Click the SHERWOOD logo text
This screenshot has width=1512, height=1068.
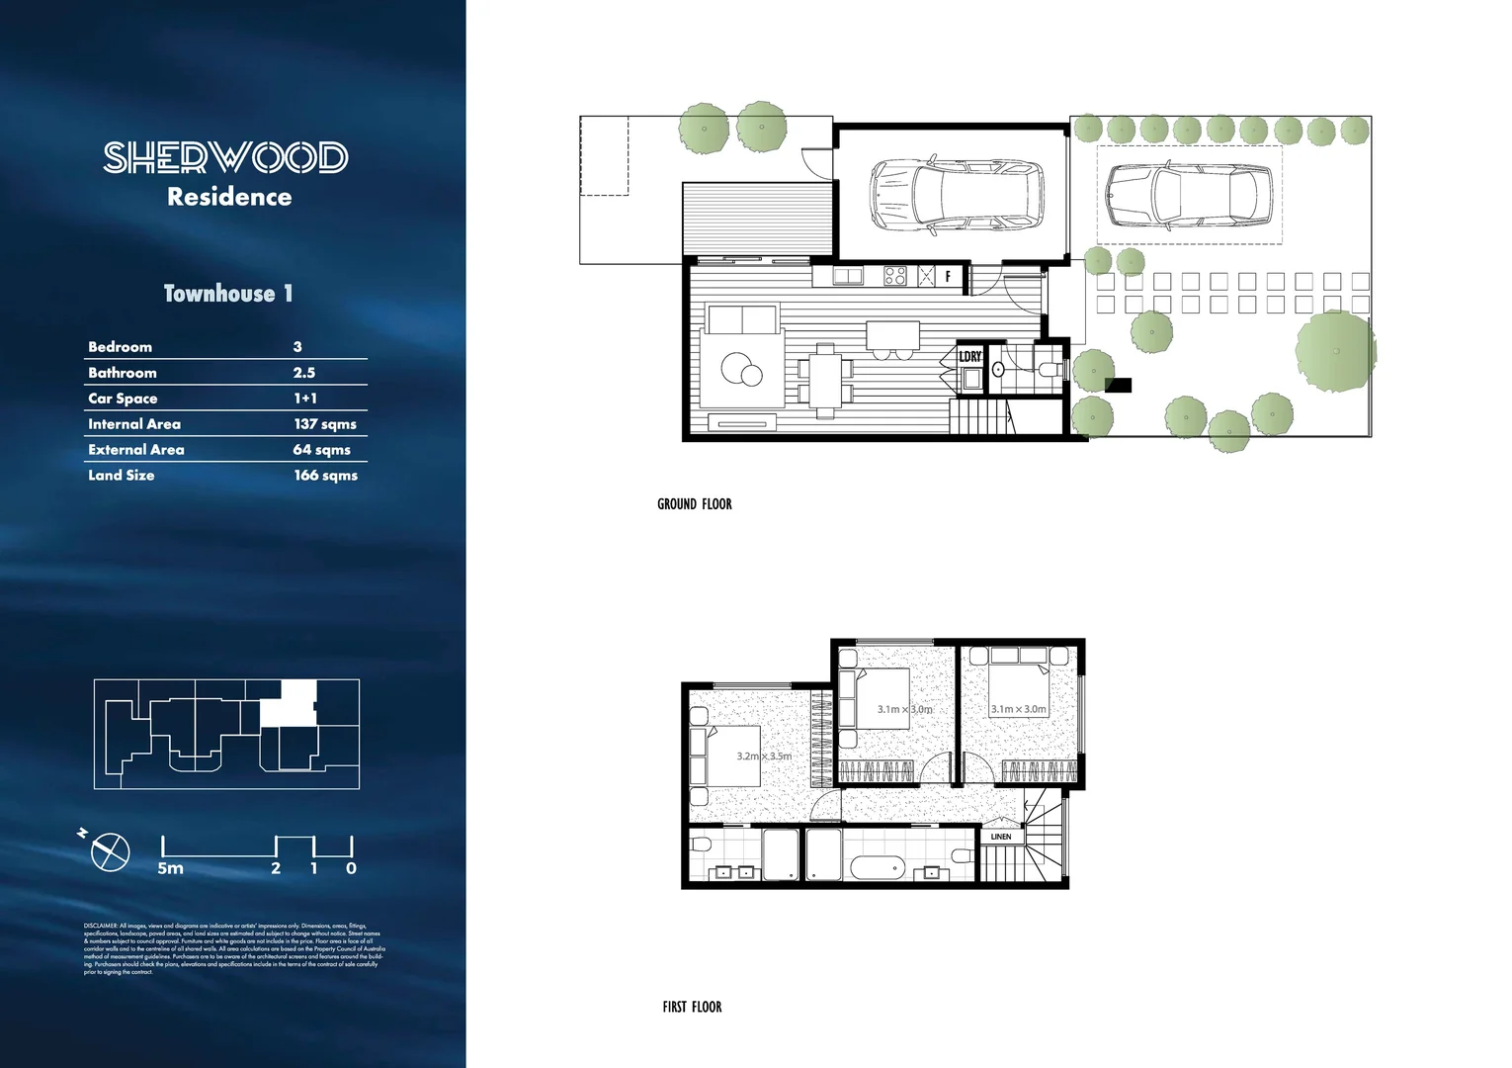pyautogui.click(x=225, y=157)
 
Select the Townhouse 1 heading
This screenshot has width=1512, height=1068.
pyautogui.click(x=228, y=294)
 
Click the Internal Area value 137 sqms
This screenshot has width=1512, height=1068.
pyautogui.click(x=324, y=424)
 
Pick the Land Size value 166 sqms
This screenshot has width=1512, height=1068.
pyautogui.click(x=325, y=476)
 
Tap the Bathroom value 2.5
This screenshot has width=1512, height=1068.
pyautogui.click(x=304, y=373)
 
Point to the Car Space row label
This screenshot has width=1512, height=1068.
pyautogui.click(x=123, y=399)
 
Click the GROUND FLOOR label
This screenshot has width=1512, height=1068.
pyautogui.click(x=694, y=504)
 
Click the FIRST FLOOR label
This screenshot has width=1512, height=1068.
pyautogui.click(x=692, y=1007)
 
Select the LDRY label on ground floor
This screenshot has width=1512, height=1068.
pyautogui.click(x=969, y=357)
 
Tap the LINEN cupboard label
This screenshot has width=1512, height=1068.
pyautogui.click(x=1000, y=837)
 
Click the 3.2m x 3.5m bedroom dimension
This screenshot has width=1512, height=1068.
pyautogui.click(x=764, y=756)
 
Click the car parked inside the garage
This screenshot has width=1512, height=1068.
pyautogui.click(x=956, y=195)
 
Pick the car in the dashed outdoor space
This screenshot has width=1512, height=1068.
pyautogui.click(x=1188, y=196)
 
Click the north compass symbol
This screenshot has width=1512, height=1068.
pyautogui.click(x=110, y=851)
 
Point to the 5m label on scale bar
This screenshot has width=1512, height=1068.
pyautogui.click(x=170, y=868)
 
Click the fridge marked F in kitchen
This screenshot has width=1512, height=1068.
pyautogui.click(x=948, y=277)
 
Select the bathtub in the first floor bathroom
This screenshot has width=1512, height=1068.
pyautogui.click(x=877, y=869)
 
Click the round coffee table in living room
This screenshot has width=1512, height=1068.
pyautogui.click(x=741, y=371)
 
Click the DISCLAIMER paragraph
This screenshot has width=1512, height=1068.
pyautogui.click(x=233, y=948)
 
